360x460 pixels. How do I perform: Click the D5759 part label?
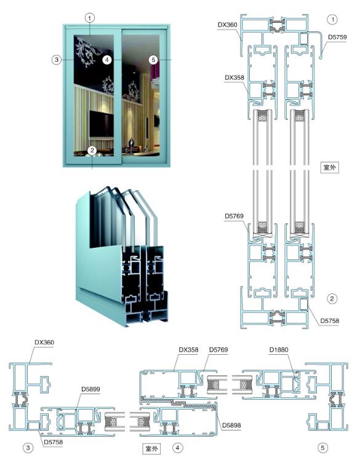337,38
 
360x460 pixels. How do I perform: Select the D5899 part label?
90,389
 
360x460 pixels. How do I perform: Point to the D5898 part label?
231,425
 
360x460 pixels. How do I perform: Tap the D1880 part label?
279,350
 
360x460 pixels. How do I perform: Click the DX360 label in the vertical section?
227,25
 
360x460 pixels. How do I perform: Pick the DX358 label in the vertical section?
234,77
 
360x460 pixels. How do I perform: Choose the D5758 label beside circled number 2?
329,320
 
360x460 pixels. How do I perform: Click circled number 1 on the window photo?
90,18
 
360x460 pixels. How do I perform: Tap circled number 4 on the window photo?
107,60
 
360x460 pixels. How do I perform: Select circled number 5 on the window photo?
153,60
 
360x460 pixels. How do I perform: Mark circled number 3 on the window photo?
57,60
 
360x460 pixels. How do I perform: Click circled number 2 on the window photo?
92,151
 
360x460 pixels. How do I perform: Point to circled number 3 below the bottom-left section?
28,448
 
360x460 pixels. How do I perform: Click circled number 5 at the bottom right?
322,448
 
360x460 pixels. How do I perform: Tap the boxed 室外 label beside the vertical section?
329,167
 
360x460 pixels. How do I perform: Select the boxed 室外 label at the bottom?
151,448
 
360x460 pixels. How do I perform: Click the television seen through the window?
102,124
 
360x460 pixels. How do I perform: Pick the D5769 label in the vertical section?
234,216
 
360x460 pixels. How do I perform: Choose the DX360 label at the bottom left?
44,343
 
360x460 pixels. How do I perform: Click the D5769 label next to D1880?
218,350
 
